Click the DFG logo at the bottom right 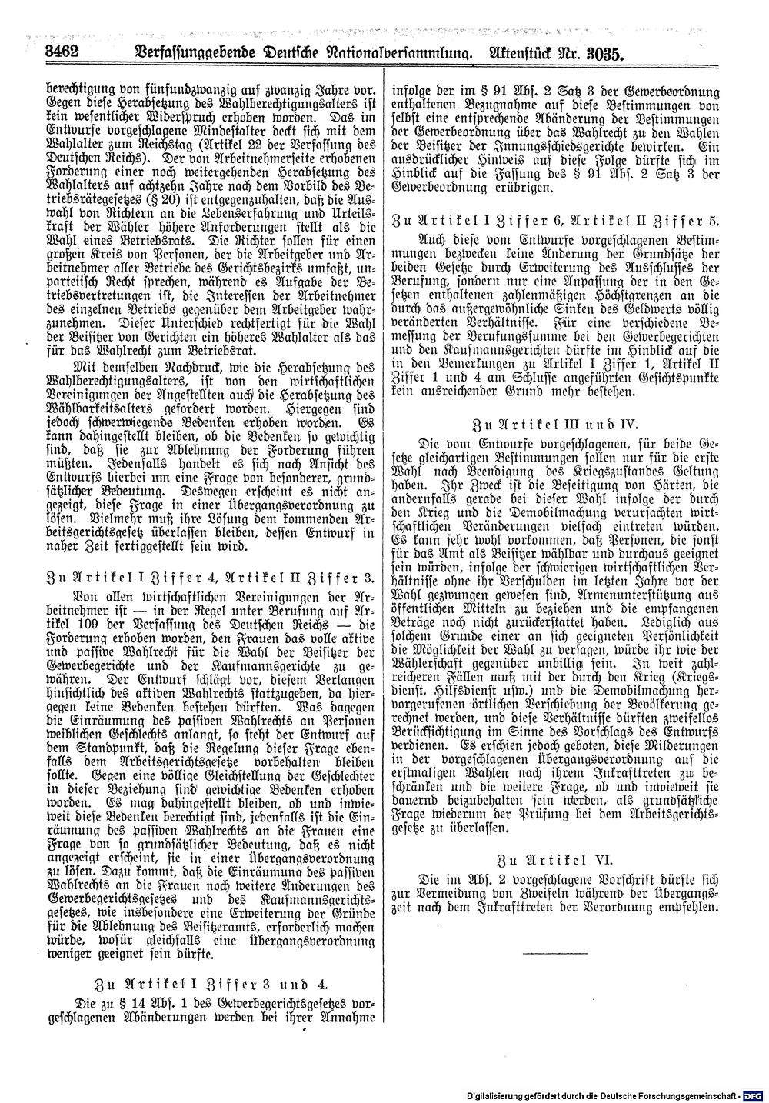point(756,1094)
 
